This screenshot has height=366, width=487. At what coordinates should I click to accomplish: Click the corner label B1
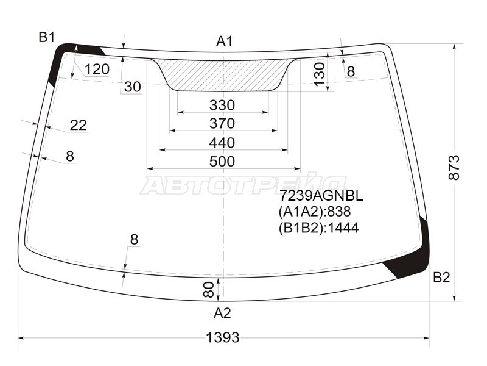point(47,38)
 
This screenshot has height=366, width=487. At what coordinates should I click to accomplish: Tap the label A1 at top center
point(224,41)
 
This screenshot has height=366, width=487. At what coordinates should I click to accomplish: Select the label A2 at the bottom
point(222,313)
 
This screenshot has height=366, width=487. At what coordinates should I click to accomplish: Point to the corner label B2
point(441,277)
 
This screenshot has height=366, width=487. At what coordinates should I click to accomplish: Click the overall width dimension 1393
point(223,337)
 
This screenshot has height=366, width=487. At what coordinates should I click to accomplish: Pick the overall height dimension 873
point(454,167)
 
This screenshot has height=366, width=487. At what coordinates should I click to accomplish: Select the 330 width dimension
point(222,105)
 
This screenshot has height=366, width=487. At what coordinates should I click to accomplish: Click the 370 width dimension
point(222,124)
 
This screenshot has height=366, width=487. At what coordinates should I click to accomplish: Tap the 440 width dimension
point(222,143)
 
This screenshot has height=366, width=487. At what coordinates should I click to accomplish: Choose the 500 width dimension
point(222,162)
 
